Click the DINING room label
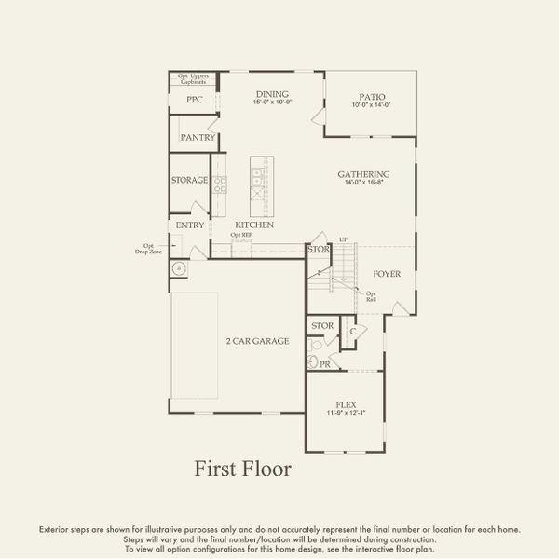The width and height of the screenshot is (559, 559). click(271, 94)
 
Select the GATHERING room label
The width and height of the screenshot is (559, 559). click(363, 174)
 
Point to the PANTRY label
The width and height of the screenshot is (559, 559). click(198, 138)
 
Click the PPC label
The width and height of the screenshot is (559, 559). click(194, 100)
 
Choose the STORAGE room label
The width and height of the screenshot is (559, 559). click(189, 180)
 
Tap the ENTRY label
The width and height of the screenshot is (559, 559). click(189, 225)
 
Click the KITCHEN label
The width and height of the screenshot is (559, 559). click(253, 225)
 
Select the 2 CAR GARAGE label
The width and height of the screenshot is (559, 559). click(257, 341)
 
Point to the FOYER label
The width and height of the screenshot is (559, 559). click(387, 274)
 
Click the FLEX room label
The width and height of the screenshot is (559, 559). click(346, 405)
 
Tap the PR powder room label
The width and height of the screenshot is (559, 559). click(325, 365)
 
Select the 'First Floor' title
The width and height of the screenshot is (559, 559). click(242, 469)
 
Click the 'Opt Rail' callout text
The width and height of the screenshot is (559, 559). click(372, 295)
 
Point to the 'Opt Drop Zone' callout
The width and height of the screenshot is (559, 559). click(149, 250)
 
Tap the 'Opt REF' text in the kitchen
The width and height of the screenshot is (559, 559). click(241, 235)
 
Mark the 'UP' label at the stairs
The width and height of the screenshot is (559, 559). click(343, 240)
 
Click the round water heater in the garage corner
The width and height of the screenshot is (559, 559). click(179, 269)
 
